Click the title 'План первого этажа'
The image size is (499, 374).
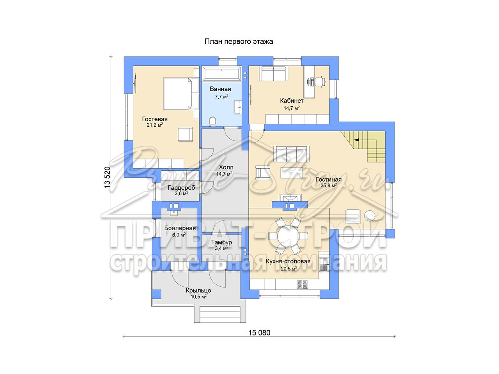click(x=239, y=42)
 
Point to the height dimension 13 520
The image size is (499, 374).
click(x=107, y=177)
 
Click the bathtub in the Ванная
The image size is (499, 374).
click(x=221, y=73)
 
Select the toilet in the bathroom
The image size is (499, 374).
click(x=213, y=122)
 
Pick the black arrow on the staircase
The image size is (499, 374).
click(x=356, y=139)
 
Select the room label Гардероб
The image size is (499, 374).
click(x=182, y=188)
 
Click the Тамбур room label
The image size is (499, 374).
click(x=221, y=242)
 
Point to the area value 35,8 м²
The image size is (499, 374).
click(x=329, y=185)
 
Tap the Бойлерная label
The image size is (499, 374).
click(x=180, y=228)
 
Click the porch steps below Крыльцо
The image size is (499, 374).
click(x=220, y=314)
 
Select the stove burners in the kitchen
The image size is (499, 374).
click(x=303, y=284)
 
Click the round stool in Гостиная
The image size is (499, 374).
click(x=370, y=216)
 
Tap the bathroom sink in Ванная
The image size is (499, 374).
click(x=237, y=107)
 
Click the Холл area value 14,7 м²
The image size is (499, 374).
click(x=224, y=174)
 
